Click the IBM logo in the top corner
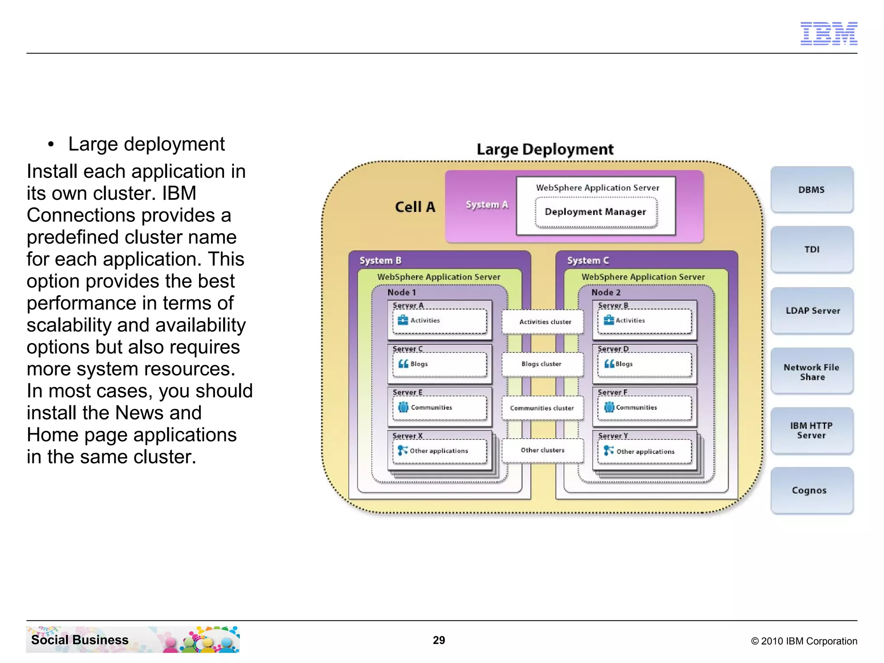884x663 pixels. tap(828, 33)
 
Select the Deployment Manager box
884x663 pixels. tap(596, 212)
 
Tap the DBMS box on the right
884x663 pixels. tap(811, 189)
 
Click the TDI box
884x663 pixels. tap(811, 249)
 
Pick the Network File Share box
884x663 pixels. tap(811, 372)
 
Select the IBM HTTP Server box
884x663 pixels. tap(811, 430)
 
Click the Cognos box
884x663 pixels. tap(810, 490)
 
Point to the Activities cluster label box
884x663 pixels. tap(545, 322)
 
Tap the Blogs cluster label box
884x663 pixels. tap(541, 364)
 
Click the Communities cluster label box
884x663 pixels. tap(542, 408)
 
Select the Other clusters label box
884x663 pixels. tap(543, 450)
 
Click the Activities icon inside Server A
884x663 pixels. tap(403, 320)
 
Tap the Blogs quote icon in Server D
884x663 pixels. tap(609, 364)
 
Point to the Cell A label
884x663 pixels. tap(415, 207)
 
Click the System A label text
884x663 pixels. tap(486, 205)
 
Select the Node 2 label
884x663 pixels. tap(606, 292)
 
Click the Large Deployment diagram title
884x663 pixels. tap(545, 149)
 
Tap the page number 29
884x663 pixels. tap(439, 640)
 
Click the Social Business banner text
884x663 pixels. tap(80, 640)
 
